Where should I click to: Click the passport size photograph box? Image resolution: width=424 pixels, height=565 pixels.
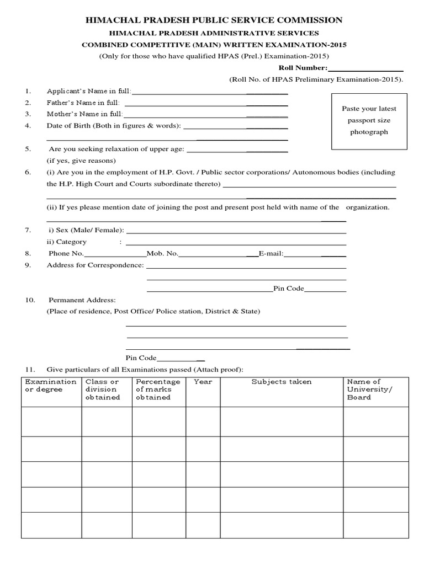point(368,121)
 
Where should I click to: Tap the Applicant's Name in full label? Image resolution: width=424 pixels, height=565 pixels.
point(89,91)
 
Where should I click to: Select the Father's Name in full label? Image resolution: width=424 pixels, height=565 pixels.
point(83,103)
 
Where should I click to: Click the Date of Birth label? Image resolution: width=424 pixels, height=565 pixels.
point(114,126)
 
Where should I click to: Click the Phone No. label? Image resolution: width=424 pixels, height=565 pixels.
point(66,254)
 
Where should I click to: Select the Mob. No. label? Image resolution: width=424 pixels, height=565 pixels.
point(162,254)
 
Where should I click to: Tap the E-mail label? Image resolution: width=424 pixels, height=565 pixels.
point(271,254)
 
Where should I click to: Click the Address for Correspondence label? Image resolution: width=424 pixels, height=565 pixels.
point(96,265)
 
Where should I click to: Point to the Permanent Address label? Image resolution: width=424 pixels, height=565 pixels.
point(82,300)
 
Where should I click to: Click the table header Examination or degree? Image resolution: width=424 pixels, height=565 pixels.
point(51,386)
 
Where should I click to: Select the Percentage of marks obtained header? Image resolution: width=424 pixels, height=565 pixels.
point(158,390)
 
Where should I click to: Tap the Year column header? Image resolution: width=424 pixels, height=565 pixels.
point(203,382)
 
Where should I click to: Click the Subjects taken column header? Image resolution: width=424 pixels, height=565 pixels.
point(282,382)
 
